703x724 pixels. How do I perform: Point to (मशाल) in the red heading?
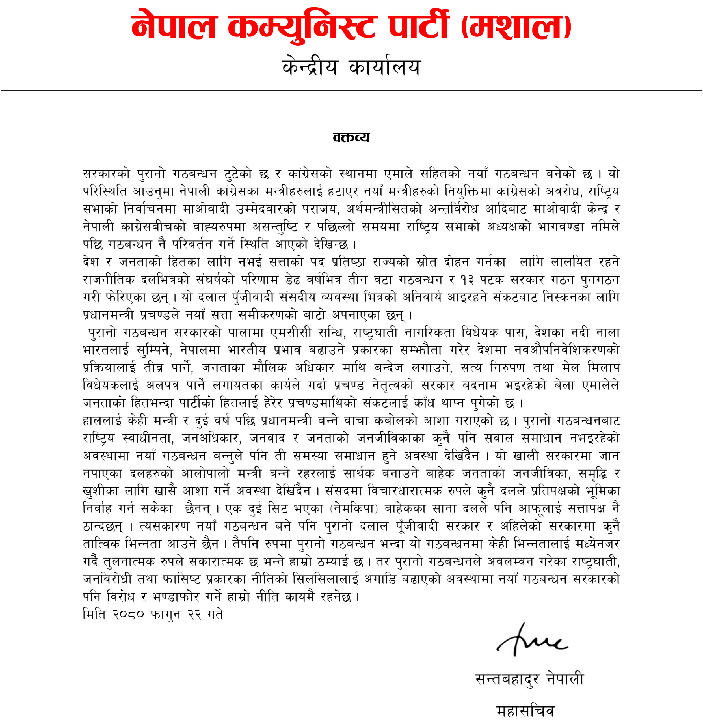coord(516,27)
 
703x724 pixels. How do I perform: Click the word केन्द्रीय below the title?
coord(310,67)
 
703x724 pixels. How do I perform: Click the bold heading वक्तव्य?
coord(351,137)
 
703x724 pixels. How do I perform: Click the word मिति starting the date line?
coord(94,615)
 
